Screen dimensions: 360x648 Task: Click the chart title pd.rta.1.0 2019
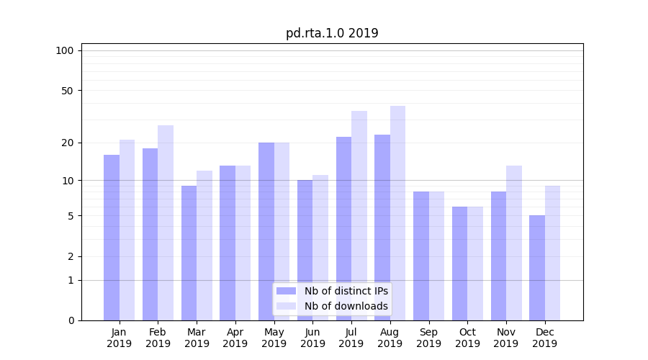coord(332,33)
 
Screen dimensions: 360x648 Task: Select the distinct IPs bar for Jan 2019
coord(112,238)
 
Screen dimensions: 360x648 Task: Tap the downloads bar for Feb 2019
coord(166,223)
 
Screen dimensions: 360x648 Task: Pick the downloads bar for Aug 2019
coord(397,213)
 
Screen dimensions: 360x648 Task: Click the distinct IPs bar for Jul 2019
coord(343,228)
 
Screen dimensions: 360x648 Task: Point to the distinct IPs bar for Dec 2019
coord(537,268)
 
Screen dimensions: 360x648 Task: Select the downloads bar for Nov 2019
coord(514,243)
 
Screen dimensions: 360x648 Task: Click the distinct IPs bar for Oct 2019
coord(460,264)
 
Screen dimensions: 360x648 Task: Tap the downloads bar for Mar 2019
coord(204,246)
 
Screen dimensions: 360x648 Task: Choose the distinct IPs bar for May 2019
coord(266,231)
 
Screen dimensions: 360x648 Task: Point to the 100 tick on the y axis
coord(65,50)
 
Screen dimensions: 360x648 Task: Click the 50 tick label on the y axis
coord(68,91)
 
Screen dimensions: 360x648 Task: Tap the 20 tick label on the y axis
coord(68,143)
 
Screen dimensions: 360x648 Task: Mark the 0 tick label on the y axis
coord(71,320)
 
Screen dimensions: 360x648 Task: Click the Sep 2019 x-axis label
coord(428,338)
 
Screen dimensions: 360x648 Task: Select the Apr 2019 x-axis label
coord(235,338)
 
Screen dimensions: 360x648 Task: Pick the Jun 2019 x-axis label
coord(312,338)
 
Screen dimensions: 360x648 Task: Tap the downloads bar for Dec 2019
coord(552,253)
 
